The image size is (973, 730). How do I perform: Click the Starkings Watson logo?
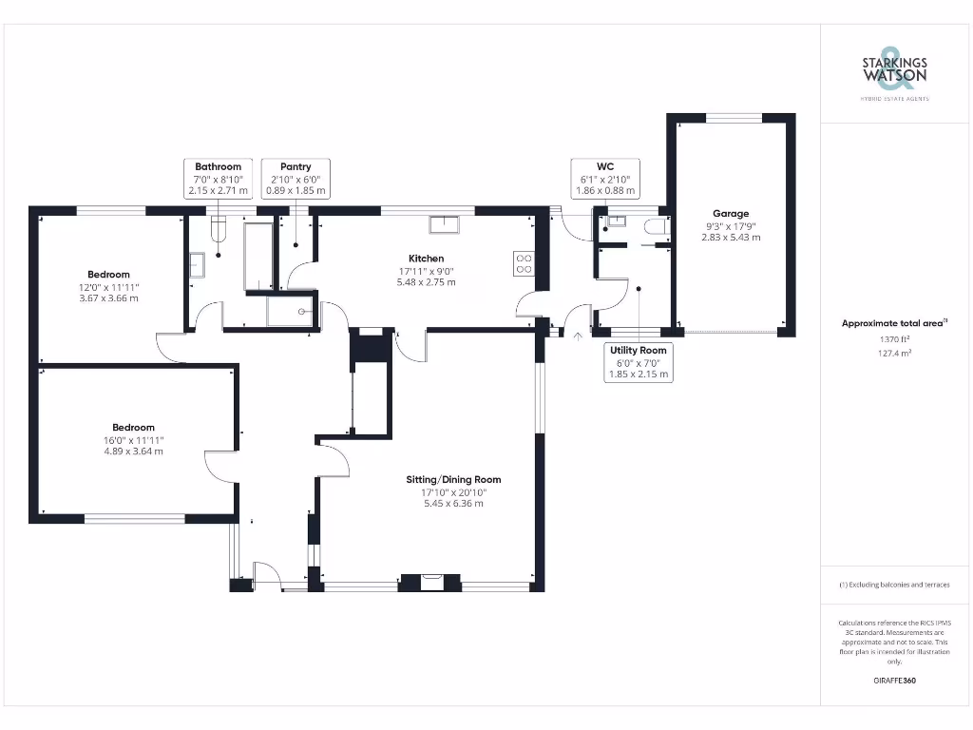[x=894, y=69]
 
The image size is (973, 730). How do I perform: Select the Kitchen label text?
[x=426, y=259]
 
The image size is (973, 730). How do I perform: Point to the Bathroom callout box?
[x=219, y=179]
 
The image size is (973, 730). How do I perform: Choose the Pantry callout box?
[x=295, y=179]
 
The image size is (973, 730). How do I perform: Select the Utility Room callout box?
[x=639, y=362]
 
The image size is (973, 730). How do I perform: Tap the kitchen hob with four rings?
[x=524, y=263]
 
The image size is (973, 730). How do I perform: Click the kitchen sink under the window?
[x=443, y=224]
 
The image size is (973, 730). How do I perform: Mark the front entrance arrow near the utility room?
[x=579, y=335]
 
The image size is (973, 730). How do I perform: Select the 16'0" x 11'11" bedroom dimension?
[x=133, y=440]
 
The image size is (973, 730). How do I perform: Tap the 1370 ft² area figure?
[x=894, y=338]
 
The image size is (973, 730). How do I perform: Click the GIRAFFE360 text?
[x=894, y=681]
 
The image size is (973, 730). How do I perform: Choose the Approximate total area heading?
[x=893, y=323]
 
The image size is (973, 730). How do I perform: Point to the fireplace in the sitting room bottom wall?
[x=430, y=582]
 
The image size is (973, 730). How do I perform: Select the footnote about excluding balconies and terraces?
[x=894, y=585]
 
